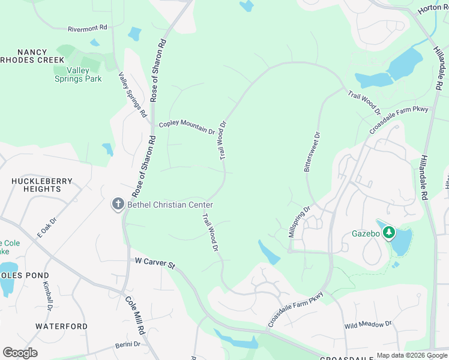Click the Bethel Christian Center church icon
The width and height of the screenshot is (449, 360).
(118, 204)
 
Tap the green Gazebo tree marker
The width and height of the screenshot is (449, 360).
(389, 232)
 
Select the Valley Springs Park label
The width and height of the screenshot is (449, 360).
(78, 74)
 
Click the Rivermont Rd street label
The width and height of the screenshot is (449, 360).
(87, 28)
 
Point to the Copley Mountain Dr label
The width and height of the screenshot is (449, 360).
(186, 127)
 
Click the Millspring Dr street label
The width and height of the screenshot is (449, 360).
(299, 222)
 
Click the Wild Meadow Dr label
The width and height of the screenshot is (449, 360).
(368, 325)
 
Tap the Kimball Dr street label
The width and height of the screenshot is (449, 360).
(48, 296)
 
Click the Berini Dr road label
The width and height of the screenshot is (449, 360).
(127, 344)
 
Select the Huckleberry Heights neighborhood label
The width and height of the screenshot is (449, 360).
(42, 185)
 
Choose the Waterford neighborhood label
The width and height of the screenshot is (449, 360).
(61, 326)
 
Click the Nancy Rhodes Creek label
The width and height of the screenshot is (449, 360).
(34, 56)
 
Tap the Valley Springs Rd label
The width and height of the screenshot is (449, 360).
(133, 94)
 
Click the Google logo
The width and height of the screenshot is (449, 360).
(20, 353)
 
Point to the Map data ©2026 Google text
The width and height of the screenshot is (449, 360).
(411, 355)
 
